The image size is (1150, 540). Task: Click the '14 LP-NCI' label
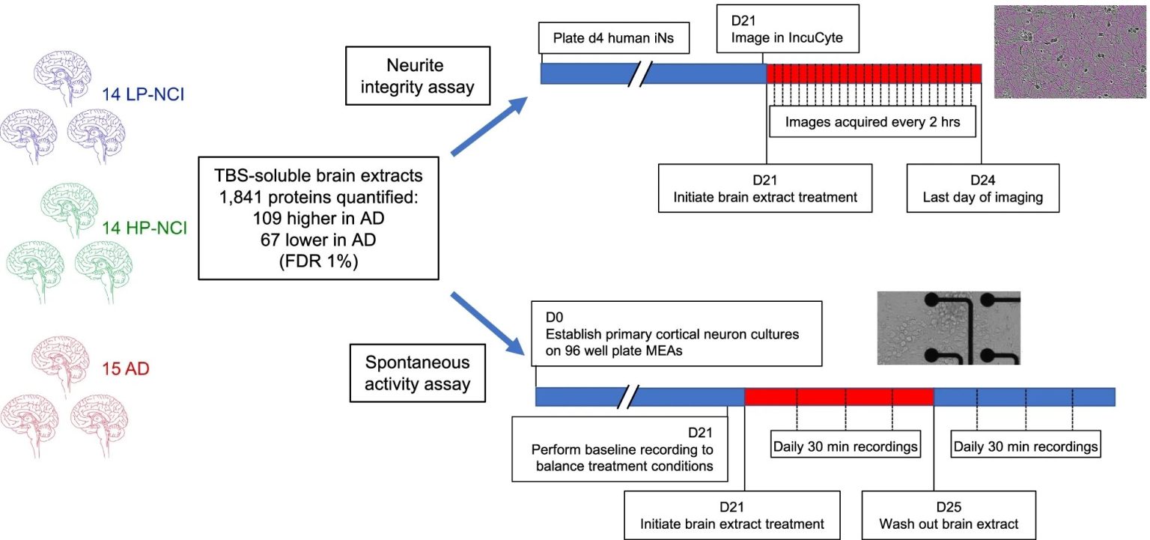click(x=143, y=94)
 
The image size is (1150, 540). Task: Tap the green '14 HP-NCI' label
click(x=144, y=228)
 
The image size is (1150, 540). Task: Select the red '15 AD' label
click(x=125, y=368)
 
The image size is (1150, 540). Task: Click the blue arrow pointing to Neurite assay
click(x=489, y=125)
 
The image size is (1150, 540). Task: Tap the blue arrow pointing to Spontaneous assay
click(x=487, y=324)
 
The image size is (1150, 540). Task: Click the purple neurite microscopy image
click(x=1070, y=52)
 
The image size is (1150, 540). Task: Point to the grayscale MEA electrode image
click(x=949, y=328)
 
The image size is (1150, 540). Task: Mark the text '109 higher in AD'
click(x=318, y=219)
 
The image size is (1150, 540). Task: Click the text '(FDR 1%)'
click(x=318, y=261)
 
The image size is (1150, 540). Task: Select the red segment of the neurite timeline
click(x=874, y=73)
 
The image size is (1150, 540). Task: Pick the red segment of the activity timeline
click(x=839, y=397)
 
